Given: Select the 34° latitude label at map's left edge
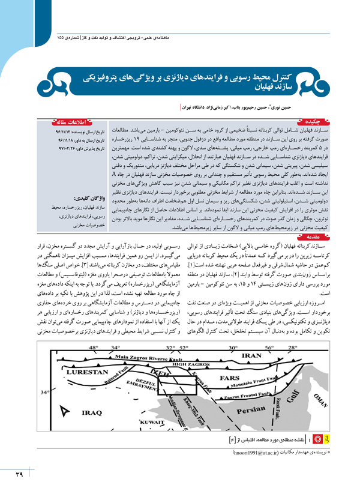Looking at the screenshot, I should pos(44,376).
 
